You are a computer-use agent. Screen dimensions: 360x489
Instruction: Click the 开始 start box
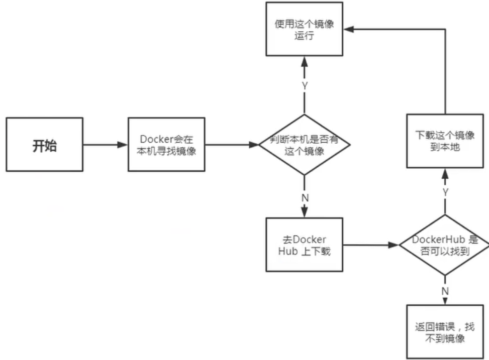[x=45, y=145]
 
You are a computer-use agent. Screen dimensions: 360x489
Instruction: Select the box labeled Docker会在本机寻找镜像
[x=166, y=145]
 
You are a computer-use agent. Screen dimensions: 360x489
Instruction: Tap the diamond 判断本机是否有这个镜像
[x=304, y=145]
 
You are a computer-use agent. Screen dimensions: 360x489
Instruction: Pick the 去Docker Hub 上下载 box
[x=304, y=245]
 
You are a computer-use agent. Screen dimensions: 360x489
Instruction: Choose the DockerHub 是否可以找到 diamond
[x=444, y=245]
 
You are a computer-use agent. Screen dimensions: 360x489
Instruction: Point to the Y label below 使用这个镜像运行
[x=304, y=86]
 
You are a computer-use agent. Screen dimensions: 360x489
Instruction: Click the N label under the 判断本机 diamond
[x=305, y=197]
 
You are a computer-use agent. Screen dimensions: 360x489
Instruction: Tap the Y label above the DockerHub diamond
[x=445, y=192]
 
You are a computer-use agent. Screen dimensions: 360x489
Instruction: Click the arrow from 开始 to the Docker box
[x=106, y=145]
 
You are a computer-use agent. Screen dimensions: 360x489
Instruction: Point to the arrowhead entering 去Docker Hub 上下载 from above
[x=305, y=213]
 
